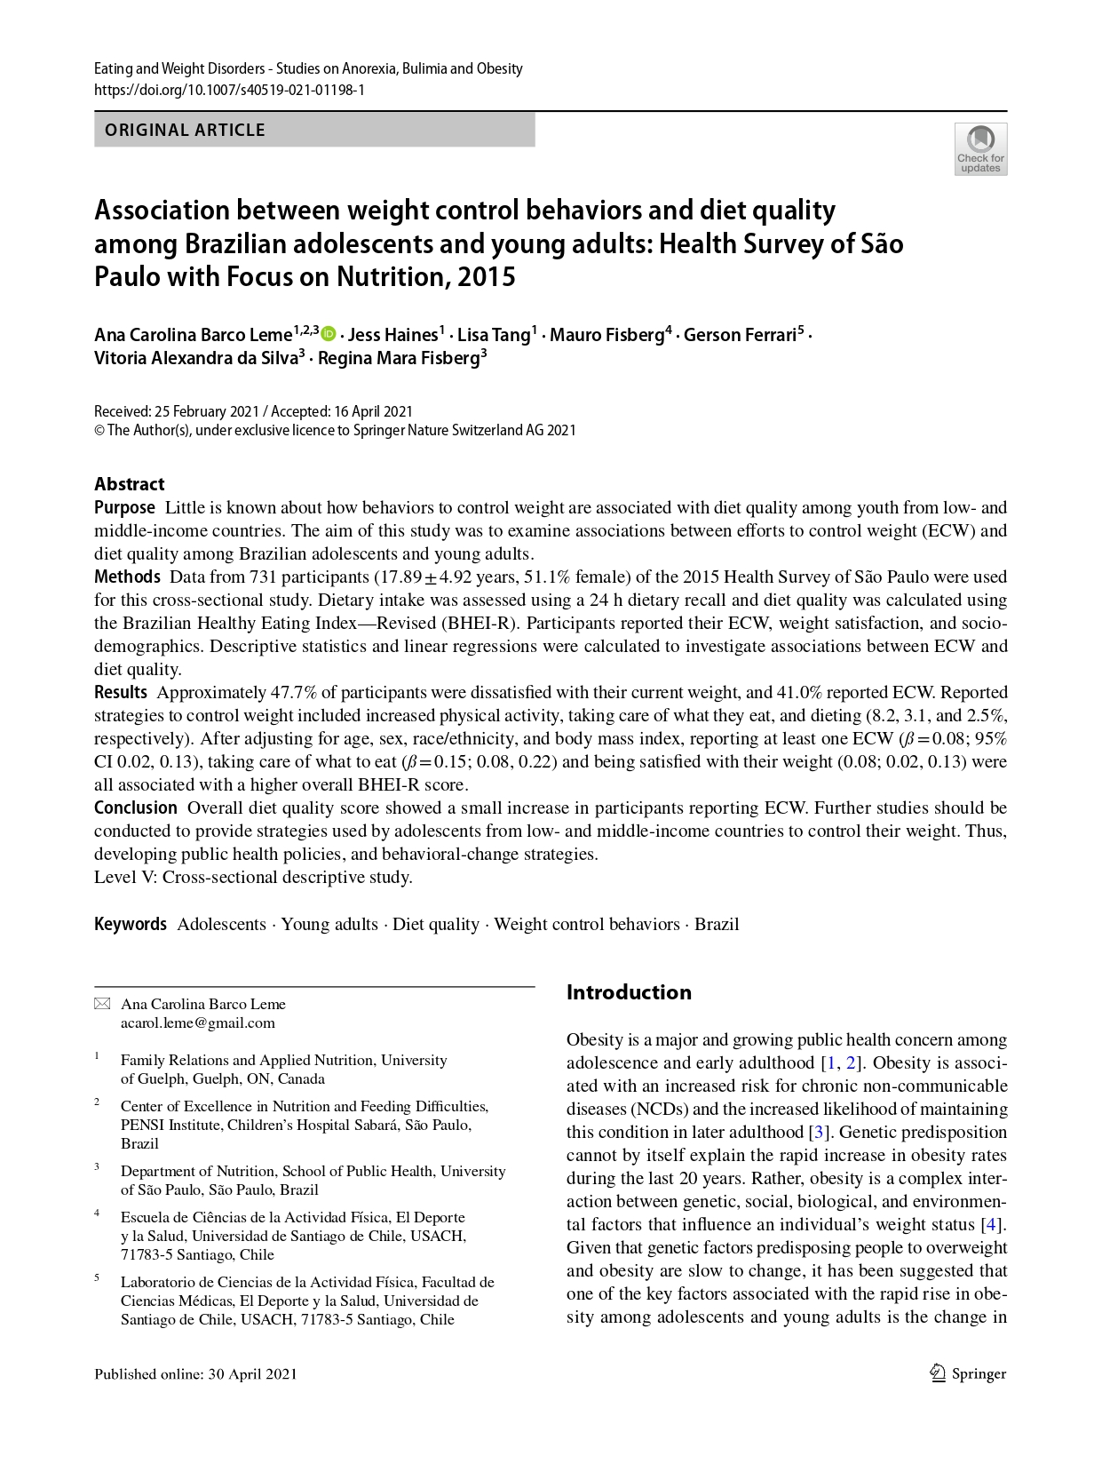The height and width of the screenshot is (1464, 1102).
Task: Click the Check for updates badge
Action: (980, 149)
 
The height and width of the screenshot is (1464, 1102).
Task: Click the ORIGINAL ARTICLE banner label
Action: (185, 130)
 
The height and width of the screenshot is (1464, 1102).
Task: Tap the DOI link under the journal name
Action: (229, 90)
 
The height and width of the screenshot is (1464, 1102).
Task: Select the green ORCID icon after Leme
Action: (329, 334)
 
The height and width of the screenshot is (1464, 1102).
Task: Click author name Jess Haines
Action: (392, 335)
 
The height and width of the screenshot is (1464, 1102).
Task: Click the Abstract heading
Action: (130, 484)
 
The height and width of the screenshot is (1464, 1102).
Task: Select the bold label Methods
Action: (127, 577)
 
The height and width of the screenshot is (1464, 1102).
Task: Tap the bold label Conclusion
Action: (136, 808)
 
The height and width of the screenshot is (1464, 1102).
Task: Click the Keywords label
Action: (131, 924)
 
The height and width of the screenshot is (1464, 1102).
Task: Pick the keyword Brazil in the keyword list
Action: (717, 924)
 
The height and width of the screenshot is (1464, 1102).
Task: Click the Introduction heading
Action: (629, 992)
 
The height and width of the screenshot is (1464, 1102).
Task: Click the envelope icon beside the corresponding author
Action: (102, 1004)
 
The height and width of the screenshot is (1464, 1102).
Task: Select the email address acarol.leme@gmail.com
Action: (198, 1022)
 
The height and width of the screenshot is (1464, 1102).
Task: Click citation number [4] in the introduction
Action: (992, 1224)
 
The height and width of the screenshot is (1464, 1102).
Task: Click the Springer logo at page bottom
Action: (968, 1373)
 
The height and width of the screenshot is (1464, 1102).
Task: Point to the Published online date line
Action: (195, 1373)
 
